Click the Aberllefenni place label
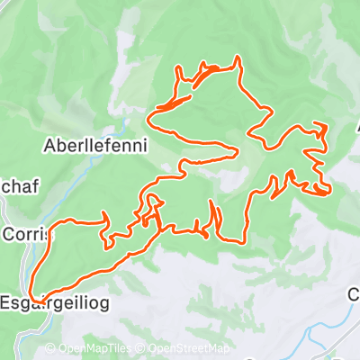tap(94, 144)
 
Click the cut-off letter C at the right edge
tap(355, 294)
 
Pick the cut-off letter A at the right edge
tap(356, 128)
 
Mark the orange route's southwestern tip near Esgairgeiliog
tap(31, 297)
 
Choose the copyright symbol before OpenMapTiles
tap(51, 349)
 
